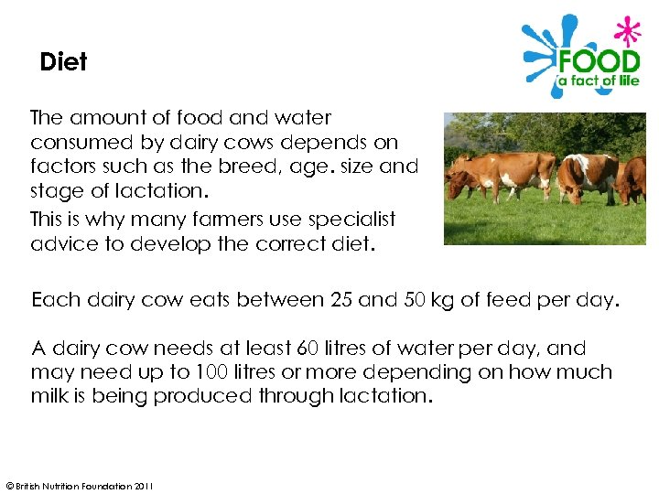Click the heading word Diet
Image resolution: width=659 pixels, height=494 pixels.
coord(63,62)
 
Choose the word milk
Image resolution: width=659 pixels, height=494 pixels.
coord(49,396)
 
